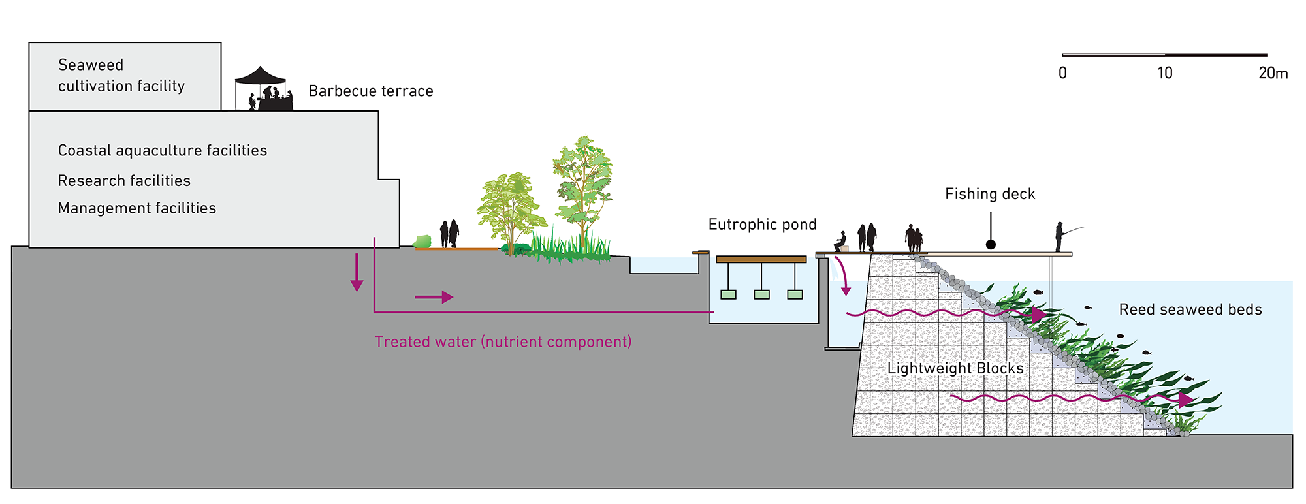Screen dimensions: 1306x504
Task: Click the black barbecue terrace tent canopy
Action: pos(261,76)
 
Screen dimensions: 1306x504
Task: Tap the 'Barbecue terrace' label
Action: pos(371,91)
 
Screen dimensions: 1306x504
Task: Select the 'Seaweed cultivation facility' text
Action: pos(121,75)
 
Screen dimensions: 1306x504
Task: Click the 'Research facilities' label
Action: pos(124,180)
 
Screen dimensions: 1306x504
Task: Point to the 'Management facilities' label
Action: pos(137,208)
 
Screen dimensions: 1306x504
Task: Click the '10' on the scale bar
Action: pos(1165,72)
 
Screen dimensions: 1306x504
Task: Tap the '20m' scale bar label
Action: pos(1273,72)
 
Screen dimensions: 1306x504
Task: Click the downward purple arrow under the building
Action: pos(357,272)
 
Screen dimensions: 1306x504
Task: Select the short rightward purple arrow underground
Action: pos(434,297)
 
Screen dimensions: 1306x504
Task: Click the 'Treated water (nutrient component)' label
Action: pos(503,341)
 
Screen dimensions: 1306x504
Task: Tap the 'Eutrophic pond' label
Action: pos(763,225)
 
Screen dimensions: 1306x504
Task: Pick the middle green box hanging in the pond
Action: pos(761,294)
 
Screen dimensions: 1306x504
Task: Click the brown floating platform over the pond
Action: pos(761,259)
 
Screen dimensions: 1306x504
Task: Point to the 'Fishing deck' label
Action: pos(990,194)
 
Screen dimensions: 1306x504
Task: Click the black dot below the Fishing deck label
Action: pos(991,244)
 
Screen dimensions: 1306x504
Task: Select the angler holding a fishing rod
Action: pos(1060,237)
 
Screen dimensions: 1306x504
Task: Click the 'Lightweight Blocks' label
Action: pos(955,368)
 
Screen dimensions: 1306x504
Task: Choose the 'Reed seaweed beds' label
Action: pos(1190,309)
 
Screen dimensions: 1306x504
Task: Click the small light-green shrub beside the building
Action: pos(422,242)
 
